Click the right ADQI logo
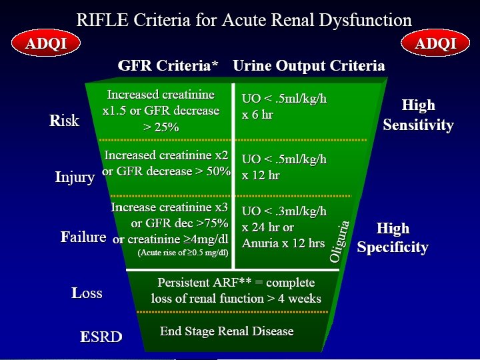point(435,45)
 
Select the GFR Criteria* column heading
point(167,66)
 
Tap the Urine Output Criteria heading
point(309,66)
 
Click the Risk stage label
point(65,121)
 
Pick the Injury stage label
point(75,178)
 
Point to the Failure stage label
point(83,237)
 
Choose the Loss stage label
point(87,293)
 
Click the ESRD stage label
point(101,337)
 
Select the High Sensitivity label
point(418,115)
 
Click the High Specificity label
point(392,238)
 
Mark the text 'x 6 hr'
point(257,115)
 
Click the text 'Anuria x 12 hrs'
point(283,243)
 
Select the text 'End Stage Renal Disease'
point(227,331)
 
